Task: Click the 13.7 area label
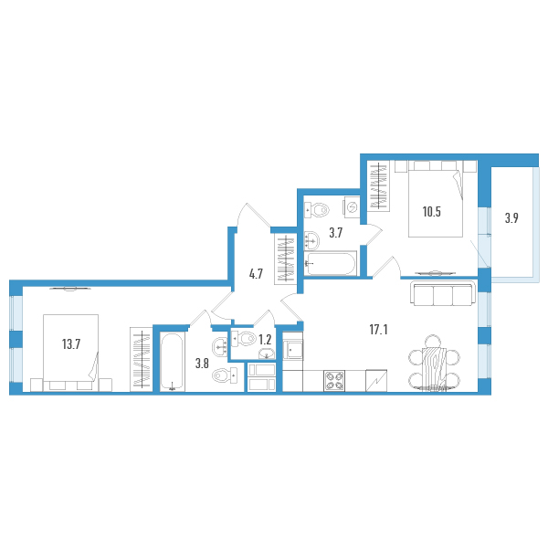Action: pos(71,344)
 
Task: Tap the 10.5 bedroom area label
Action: pos(431,212)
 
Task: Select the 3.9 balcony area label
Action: pos(511,218)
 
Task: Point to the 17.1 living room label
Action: pos(378,330)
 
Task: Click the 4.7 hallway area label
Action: pos(256,274)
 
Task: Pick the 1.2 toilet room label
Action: pos(265,340)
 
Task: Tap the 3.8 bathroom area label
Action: pos(202,364)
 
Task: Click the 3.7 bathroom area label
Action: pos(335,233)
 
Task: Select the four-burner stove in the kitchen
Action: pos(334,381)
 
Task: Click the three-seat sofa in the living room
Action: pos(443,293)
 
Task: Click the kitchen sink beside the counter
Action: pos(293,350)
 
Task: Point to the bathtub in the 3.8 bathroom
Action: pos(172,362)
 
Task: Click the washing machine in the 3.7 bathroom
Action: pos(352,207)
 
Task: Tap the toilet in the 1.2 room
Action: pos(244,339)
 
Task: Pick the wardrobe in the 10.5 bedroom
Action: pos(378,186)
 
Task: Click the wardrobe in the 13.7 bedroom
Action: pos(142,359)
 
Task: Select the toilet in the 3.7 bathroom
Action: pos(317,210)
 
